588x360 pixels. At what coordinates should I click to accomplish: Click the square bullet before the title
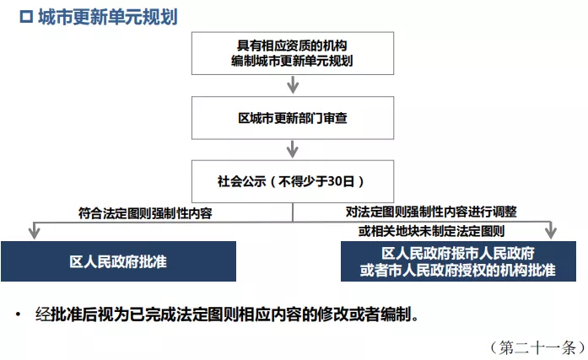point(25,17)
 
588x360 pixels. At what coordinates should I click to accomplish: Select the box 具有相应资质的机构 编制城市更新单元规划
point(293,53)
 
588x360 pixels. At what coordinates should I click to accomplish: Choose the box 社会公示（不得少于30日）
point(293,180)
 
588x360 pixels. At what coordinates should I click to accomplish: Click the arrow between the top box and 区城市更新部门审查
point(293,84)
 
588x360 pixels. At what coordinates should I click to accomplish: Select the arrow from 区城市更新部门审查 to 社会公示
point(293,149)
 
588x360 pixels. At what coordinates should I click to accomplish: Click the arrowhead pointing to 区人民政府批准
point(35,230)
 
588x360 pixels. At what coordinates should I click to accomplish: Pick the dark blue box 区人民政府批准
point(118,261)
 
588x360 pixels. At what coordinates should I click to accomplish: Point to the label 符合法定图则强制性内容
point(144,213)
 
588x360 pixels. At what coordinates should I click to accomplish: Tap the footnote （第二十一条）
point(532,347)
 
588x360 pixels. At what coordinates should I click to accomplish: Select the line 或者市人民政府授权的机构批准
point(458,270)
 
